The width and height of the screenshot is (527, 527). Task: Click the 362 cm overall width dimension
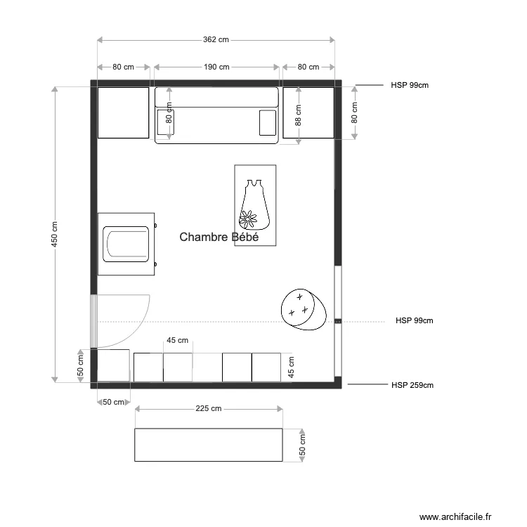(216, 40)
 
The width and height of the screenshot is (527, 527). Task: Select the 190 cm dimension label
(216, 67)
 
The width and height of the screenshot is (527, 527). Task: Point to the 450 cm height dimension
(55, 235)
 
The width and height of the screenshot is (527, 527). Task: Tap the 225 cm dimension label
(208, 408)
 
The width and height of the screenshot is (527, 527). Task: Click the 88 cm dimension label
(298, 115)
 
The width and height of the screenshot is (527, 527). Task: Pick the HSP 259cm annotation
(412, 385)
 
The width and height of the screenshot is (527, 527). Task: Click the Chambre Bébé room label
(219, 238)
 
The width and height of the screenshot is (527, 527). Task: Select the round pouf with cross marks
(304, 308)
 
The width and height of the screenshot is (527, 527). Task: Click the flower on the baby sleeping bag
(247, 219)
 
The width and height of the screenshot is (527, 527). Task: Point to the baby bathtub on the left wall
(126, 244)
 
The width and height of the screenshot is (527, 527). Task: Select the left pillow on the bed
(166, 122)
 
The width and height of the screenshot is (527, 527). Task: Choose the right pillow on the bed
(268, 122)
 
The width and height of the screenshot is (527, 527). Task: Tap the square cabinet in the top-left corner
(124, 112)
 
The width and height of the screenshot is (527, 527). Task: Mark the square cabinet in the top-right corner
(308, 112)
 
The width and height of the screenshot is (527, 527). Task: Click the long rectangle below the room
(209, 445)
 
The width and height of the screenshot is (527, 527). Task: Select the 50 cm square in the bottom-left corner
(113, 365)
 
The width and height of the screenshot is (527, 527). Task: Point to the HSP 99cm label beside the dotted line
(414, 320)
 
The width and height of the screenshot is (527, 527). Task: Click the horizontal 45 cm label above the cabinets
(177, 341)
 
